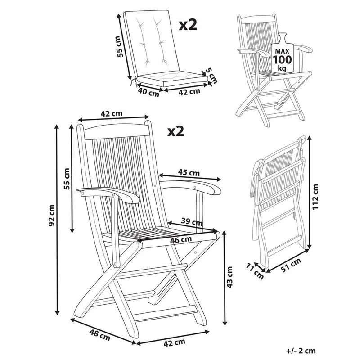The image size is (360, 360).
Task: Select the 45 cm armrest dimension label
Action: pos(189,172)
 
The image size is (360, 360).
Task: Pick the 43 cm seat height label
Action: pos(230,276)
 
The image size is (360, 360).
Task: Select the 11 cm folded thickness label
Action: pos(257,271)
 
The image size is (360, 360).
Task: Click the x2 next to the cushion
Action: pos(188,24)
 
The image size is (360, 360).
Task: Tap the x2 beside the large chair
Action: pos(176,131)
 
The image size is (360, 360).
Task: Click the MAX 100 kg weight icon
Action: pos(281,54)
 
